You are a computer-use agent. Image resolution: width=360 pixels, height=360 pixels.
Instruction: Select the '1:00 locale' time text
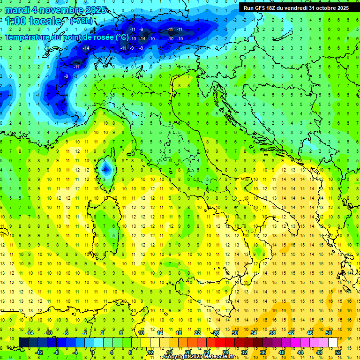tap(33, 21)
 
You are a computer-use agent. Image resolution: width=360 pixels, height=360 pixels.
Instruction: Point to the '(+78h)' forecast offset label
tap(81, 21)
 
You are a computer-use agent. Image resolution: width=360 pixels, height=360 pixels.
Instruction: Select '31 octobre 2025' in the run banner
tap(329, 7)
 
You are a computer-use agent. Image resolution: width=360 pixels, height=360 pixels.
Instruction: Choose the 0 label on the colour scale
tap(93, 352)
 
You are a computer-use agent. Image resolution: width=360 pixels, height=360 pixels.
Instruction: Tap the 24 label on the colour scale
tap(207, 352)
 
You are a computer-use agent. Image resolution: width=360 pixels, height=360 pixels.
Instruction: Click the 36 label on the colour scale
tap(263, 352)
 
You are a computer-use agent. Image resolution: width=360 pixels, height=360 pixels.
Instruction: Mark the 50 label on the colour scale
tap(329, 333)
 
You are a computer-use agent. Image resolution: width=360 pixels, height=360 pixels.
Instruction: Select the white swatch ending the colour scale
tap(333, 343)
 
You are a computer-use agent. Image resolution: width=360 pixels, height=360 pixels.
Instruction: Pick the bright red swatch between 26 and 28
tap(220, 343)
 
